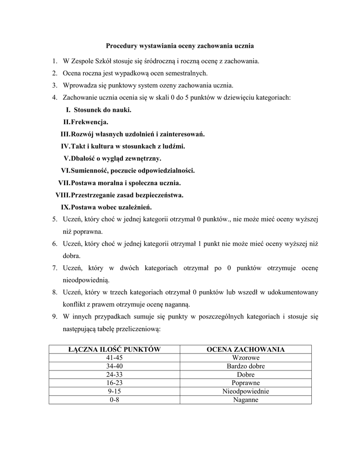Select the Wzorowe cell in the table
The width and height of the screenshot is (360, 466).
pyautogui.click(x=245, y=358)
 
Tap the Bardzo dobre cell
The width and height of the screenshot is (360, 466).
pyautogui.click(x=245, y=366)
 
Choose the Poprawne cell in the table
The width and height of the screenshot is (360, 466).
pyautogui.click(x=245, y=383)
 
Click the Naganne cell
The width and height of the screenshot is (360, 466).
pyautogui.click(x=245, y=400)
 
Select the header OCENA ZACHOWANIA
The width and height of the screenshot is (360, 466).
pyautogui.click(x=245, y=349)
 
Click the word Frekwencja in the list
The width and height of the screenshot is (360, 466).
pyautogui.click(x=90, y=122)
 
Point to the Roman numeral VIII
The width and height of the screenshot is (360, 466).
pyautogui.click(x=62, y=195)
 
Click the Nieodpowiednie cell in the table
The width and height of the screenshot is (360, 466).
pyautogui.click(x=245, y=391)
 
